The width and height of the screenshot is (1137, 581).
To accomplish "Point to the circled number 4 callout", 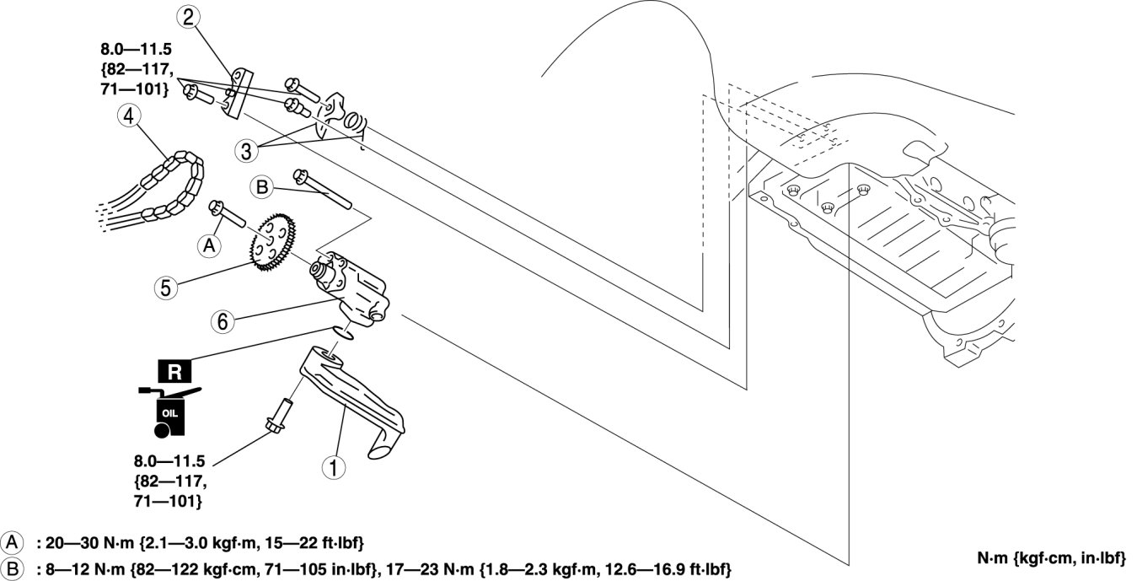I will (129, 118).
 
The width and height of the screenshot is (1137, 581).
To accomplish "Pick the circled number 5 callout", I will (166, 288).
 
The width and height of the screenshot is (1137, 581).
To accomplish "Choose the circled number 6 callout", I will (222, 320).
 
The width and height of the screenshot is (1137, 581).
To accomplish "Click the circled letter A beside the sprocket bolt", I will (208, 245).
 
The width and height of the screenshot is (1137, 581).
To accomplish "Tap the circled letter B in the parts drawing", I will (262, 187).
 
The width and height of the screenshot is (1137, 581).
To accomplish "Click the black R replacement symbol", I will (174, 371).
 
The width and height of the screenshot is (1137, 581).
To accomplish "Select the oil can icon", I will (168, 412).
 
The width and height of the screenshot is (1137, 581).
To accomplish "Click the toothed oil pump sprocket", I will (274, 243).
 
